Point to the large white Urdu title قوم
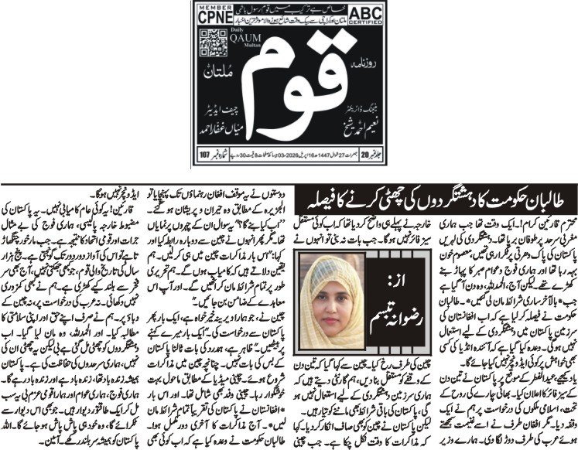290,77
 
